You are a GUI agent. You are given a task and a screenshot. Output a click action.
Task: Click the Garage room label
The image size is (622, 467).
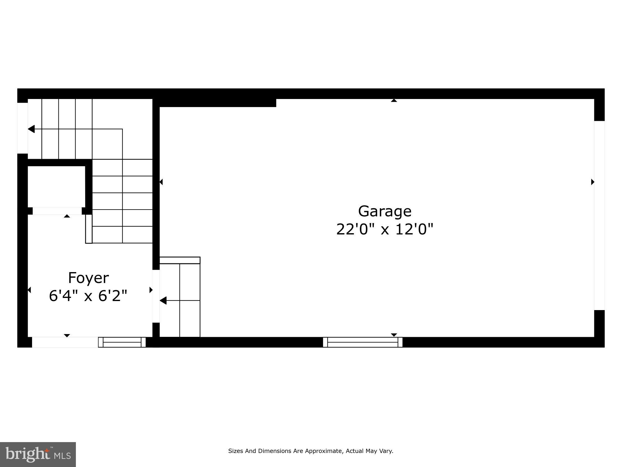(x=385, y=211)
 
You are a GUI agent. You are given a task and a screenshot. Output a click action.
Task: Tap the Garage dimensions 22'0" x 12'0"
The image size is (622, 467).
(x=385, y=229)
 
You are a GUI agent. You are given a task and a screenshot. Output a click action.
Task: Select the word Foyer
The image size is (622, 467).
(x=88, y=278)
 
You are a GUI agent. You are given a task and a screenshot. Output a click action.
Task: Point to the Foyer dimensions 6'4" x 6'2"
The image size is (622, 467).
(x=88, y=295)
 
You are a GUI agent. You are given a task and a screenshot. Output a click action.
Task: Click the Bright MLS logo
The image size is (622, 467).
(x=38, y=454)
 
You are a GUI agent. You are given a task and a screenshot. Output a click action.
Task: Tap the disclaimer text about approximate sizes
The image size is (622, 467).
(x=311, y=451)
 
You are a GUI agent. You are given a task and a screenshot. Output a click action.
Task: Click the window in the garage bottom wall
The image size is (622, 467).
(x=363, y=342)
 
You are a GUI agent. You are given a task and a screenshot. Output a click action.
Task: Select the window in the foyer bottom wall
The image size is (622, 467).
(x=122, y=342)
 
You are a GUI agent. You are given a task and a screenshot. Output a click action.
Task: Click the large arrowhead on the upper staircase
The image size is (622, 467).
(x=31, y=129)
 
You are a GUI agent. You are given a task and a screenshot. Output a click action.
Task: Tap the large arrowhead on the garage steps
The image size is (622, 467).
(x=163, y=300)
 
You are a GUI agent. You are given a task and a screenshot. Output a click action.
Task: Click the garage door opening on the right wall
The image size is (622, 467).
(x=599, y=215)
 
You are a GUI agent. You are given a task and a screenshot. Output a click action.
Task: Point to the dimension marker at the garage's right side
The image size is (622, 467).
(x=592, y=182)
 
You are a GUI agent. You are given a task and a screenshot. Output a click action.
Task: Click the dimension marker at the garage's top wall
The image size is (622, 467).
(x=394, y=101)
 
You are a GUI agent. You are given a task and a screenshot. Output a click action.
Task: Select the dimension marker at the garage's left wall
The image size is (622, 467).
(x=161, y=182)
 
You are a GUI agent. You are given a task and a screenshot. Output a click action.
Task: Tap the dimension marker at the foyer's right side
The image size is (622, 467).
(x=151, y=290)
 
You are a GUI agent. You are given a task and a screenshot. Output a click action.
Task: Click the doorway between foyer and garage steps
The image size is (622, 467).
(x=156, y=296)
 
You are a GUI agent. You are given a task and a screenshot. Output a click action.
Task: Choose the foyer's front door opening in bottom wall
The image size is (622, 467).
(x=65, y=342)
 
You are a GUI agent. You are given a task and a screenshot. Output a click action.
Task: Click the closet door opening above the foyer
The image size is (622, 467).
(x=57, y=211)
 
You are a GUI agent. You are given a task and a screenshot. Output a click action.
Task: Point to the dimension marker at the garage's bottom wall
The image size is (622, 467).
(x=394, y=335)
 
